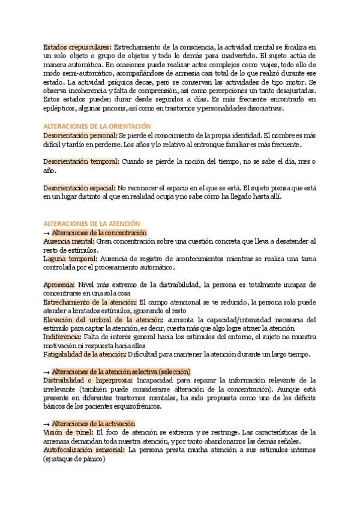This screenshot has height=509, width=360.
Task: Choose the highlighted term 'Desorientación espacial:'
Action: (x=80, y=188)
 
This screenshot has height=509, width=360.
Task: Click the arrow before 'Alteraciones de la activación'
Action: (x=47, y=424)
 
